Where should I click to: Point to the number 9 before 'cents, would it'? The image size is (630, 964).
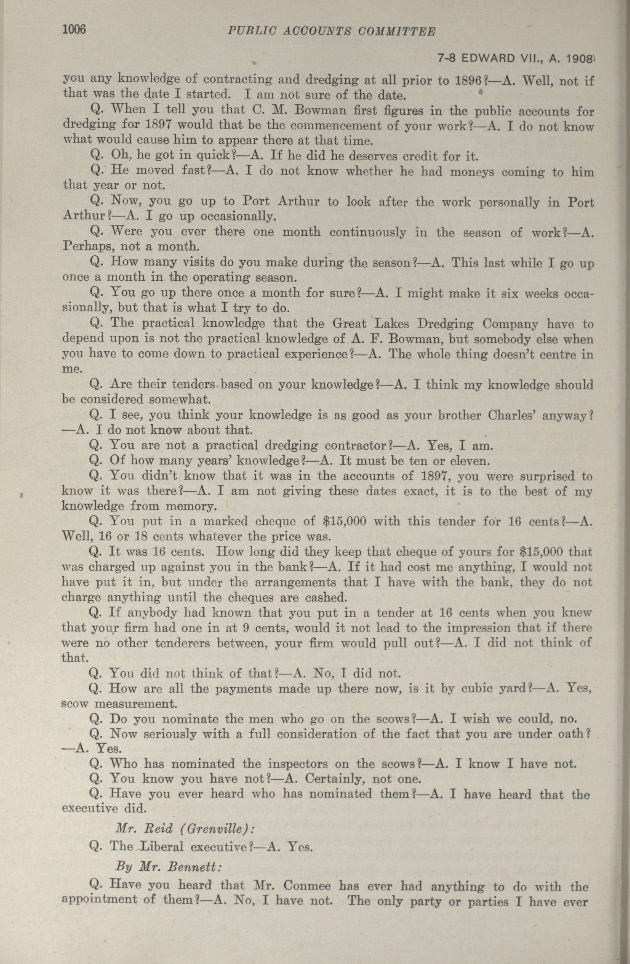[246, 628]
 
